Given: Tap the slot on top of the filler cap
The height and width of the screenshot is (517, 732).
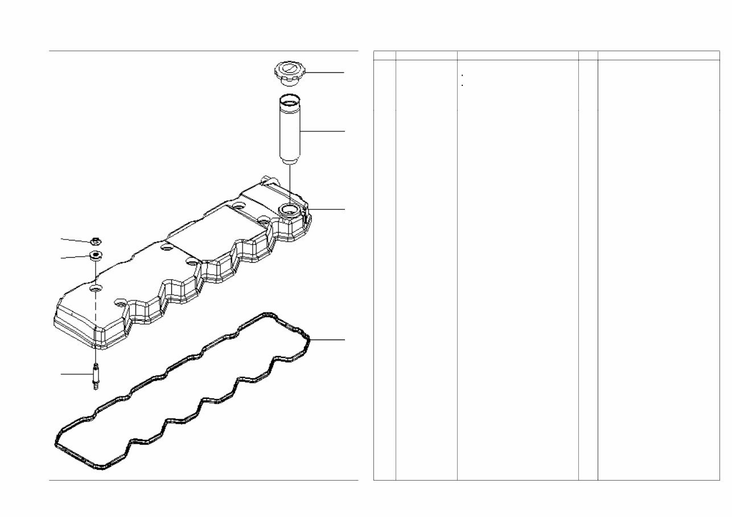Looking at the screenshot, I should click(288, 69).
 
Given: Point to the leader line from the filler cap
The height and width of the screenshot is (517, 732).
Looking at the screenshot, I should click(324, 73).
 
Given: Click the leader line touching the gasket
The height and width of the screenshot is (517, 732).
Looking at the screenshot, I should click(327, 340).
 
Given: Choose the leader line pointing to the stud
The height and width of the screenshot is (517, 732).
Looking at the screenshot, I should click(77, 374).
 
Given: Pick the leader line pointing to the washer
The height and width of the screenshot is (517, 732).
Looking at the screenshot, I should click(76, 258).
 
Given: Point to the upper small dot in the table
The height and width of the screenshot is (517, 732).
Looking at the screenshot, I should click(462, 75).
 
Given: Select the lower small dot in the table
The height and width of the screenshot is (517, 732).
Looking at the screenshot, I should click(462, 85).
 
